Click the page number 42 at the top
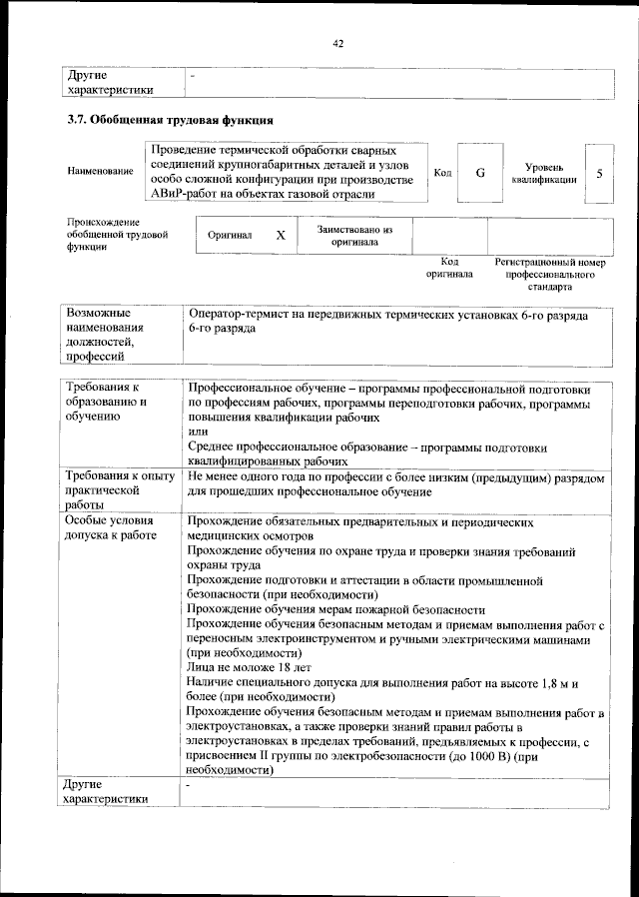coord(338,44)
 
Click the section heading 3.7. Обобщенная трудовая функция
coord(165,121)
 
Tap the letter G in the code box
coord(480,173)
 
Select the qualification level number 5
coord(599,173)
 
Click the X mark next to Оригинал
coord(281,236)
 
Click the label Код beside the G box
coord(443,173)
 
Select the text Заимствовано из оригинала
coord(354,236)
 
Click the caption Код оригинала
coord(449,268)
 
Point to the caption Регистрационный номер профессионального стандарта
coord(550,274)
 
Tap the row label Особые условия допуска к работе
coord(110,528)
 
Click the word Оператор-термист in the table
coord(238,315)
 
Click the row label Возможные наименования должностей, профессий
coord(106,335)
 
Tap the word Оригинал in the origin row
coord(230,237)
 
